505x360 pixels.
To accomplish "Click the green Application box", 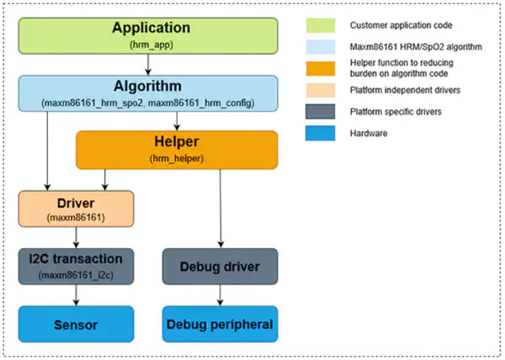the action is click(148, 35).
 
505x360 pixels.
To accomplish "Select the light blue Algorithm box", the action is click(148, 93).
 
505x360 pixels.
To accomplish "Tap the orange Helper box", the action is click(177, 150).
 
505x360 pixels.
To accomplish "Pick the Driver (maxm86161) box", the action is click(76, 209).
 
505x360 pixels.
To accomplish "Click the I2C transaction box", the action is click(76, 267).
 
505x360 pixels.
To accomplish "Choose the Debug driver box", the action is click(220, 267).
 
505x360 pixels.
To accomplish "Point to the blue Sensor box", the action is click(76, 324).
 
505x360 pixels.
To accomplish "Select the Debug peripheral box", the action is click(220, 324).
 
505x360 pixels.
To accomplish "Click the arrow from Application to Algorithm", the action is click(148, 65).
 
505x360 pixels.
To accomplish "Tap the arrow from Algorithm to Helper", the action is click(177, 121).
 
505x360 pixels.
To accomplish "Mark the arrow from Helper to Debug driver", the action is click(221, 209).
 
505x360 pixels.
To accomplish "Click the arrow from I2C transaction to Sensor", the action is click(76, 295).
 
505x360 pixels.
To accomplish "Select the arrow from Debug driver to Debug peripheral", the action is click(220, 295).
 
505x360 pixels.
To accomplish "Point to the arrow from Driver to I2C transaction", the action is click(76, 238).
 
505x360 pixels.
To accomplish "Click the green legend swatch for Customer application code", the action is click(321, 25).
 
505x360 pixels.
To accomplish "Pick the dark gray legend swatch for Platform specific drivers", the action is click(321, 112).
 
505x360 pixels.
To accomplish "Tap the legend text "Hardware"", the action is click(369, 133).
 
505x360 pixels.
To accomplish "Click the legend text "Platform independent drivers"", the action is click(405, 90).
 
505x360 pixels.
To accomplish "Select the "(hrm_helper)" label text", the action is click(177, 159).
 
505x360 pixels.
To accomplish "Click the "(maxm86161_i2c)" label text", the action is click(76, 275).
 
